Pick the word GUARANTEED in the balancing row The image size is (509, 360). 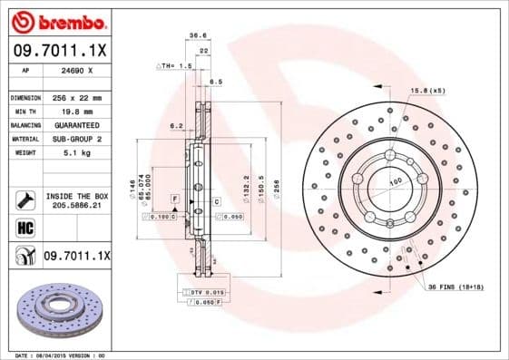point(75,125)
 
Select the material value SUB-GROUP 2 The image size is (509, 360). point(75,140)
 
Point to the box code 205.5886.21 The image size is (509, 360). point(76,206)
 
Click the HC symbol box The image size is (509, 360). point(24,228)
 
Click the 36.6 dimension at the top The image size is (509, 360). point(193,35)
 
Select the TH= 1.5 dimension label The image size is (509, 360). point(175,66)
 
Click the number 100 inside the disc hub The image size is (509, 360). point(395,182)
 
